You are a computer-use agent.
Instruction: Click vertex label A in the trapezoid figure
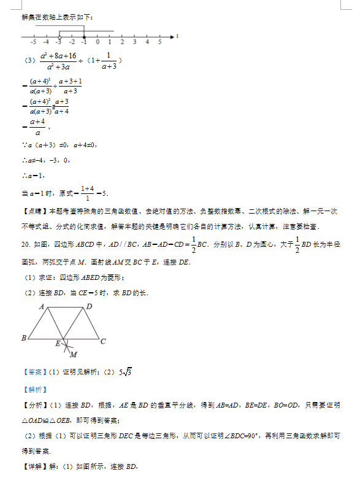pos(42,306)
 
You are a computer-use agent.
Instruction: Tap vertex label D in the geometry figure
pos(90,306)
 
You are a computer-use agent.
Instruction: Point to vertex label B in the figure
pos(23,338)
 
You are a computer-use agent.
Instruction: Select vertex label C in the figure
pos(103,341)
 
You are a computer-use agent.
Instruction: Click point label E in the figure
pos(58,344)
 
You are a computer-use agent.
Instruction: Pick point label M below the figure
pos(73,355)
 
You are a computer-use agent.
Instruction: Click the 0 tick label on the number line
pos(97,41)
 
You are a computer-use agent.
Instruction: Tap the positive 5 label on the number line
pos(160,41)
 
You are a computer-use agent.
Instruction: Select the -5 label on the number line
pos(32,41)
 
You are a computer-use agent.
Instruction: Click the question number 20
pos(25,244)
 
